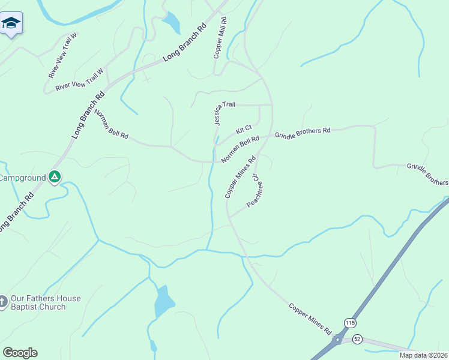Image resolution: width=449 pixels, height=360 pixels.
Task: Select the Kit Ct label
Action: tap(244, 129)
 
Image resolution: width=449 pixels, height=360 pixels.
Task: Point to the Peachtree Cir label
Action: tap(256, 191)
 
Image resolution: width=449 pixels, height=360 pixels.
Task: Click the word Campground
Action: tap(23, 178)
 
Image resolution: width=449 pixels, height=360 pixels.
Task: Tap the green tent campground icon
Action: tap(55, 177)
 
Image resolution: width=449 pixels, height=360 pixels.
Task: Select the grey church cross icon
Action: tap(3, 301)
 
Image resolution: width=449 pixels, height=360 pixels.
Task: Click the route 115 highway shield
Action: tap(350, 323)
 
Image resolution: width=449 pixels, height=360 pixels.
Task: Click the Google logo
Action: tap(20, 353)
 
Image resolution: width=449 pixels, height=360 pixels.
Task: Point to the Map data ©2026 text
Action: tap(423, 355)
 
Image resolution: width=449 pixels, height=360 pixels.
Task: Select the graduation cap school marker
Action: tap(11, 23)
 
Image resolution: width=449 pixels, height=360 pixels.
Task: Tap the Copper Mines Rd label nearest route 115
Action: tap(310, 319)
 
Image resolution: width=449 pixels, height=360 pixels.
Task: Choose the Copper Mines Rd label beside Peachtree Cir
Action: tap(240, 177)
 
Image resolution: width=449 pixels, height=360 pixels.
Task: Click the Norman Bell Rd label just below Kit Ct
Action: tap(240, 149)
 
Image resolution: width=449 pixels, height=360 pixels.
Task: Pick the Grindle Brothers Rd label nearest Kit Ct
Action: tap(303, 132)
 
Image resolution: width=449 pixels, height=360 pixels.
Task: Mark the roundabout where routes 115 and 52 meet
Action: tap(338, 340)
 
